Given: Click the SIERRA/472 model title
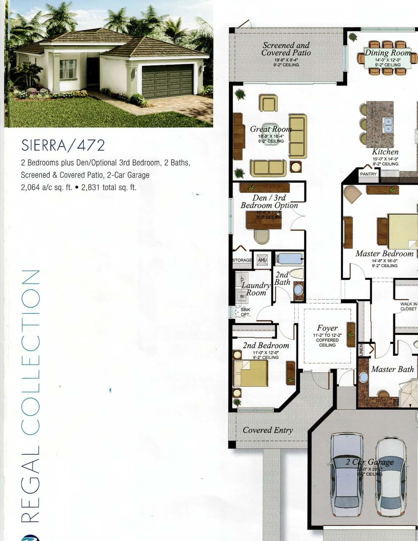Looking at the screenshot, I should tap(63, 145).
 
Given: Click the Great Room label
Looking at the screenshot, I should tap(271, 129).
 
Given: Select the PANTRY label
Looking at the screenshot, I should tap(368, 174).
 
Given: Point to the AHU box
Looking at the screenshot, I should tap(262, 260).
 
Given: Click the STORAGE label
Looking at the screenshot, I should tap(242, 260).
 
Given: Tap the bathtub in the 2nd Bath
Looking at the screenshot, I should tap(290, 259).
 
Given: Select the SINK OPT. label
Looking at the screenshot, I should tap(245, 312).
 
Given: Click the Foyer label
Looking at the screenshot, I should tap(327, 328).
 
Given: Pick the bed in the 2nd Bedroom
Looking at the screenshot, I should tap(251, 373).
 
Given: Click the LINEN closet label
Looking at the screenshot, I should tap(361, 350).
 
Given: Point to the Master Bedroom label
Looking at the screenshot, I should tap(384, 254).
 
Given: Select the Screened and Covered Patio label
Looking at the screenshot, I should tap(286, 49).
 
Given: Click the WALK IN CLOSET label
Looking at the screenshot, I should tap(408, 306).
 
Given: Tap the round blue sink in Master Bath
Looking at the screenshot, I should tap(364, 377).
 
